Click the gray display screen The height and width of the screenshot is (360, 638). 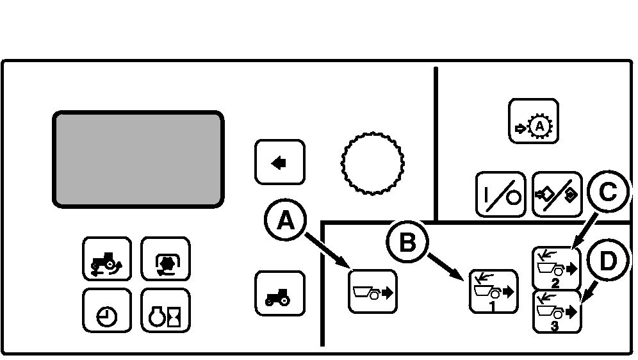tap(138, 159)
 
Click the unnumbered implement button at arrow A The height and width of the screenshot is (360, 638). tap(373, 291)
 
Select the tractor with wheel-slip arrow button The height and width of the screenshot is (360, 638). tap(106, 259)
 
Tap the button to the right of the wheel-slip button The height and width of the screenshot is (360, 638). tap(165, 259)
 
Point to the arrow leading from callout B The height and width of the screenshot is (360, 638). tap(445, 268)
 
